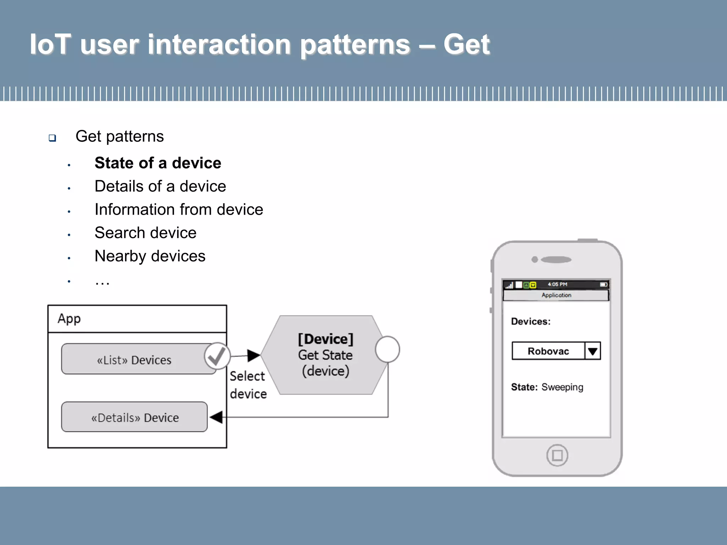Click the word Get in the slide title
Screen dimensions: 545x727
click(x=466, y=44)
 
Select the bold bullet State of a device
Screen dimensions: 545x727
click(x=158, y=163)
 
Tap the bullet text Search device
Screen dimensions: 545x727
click(x=145, y=233)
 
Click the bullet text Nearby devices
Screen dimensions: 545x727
click(x=150, y=256)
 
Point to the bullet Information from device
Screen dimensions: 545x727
click(x=179, y=210)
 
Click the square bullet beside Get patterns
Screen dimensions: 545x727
click(x=53, y=138)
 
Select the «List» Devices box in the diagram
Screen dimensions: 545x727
click(x=134, y=360)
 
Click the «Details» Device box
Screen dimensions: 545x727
click(x=135, y=417)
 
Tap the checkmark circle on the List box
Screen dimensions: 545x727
click(x=217, y=356)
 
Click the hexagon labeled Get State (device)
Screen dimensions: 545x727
click(x=325, y=355)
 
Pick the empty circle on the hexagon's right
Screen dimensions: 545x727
click(x=387, y=349)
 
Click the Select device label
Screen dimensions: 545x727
click(x=248, y=385)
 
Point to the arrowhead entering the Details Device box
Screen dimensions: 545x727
click(x=216, y=417)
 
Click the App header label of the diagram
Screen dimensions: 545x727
click(x=70, y=319)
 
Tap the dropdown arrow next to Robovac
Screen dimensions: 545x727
click(x=592, y=351)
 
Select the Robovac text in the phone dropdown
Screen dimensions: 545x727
click(x=548, y=351)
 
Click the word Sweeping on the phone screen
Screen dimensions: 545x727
click(x=562, y=387)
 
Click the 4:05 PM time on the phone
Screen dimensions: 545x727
click(x=557, y=285)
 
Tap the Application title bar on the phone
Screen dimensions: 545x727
click(x=556, y=295)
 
